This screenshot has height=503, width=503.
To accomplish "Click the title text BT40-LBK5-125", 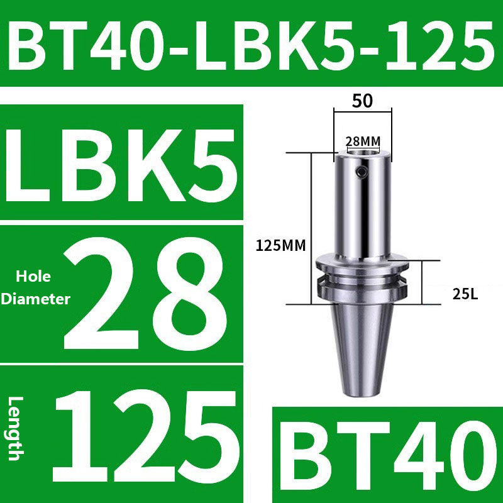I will [x=251, y=44].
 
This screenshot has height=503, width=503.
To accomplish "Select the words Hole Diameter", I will [x=35, y=288].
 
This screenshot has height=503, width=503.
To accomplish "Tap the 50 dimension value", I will [x=362, y=101].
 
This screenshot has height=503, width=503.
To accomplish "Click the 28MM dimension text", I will [x=363, y=141].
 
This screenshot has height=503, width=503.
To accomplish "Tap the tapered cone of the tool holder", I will [x=362, y=346].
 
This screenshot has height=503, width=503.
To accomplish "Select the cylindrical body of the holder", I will [x=362, y=207].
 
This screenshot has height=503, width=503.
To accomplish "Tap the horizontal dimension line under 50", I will [x=363, y=113].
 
